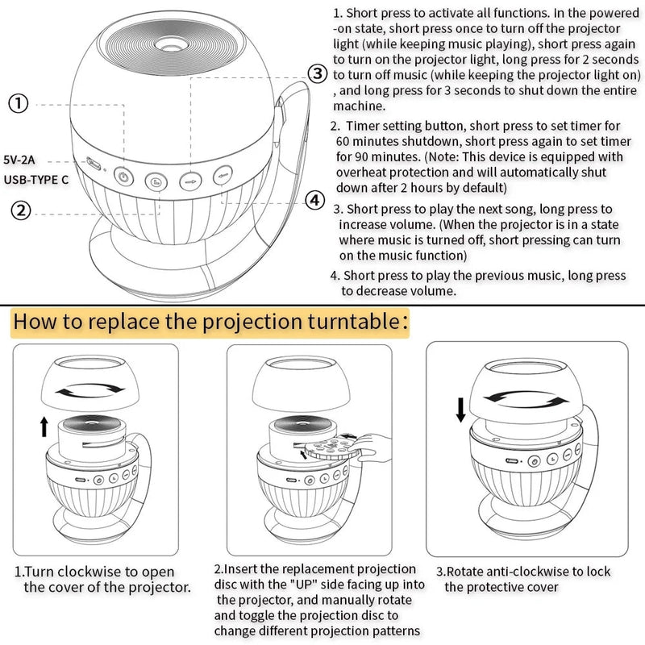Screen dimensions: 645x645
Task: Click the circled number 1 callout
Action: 19,103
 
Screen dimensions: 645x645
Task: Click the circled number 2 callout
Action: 21,210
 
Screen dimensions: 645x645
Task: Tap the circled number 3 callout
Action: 318,73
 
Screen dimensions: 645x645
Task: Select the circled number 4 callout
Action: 314,201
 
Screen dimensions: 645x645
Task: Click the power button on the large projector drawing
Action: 123,177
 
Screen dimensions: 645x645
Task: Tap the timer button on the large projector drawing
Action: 156,181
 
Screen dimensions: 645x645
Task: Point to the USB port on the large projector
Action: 94,164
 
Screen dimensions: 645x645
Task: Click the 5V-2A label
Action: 19,160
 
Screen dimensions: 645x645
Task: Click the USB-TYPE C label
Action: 36,180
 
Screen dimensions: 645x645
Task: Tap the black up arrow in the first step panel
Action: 44,427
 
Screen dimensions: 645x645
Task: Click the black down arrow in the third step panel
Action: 460,410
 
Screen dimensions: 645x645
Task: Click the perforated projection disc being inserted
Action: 330,449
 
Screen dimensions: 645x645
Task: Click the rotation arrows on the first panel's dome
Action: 90,390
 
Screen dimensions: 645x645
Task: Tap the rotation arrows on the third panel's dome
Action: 526,397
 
